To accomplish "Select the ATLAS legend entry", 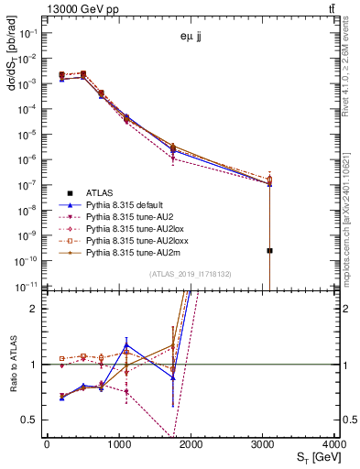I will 101,192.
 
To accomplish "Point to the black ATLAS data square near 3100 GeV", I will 270,250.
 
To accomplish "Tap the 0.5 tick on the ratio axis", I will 34,420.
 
